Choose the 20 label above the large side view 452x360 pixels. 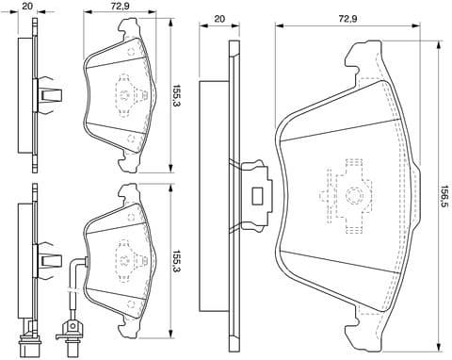tap(219, 19)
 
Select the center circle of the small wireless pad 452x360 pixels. tap(123, 93)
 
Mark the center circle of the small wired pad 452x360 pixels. tap(123, 254)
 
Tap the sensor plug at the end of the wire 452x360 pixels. tap(70, 331)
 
